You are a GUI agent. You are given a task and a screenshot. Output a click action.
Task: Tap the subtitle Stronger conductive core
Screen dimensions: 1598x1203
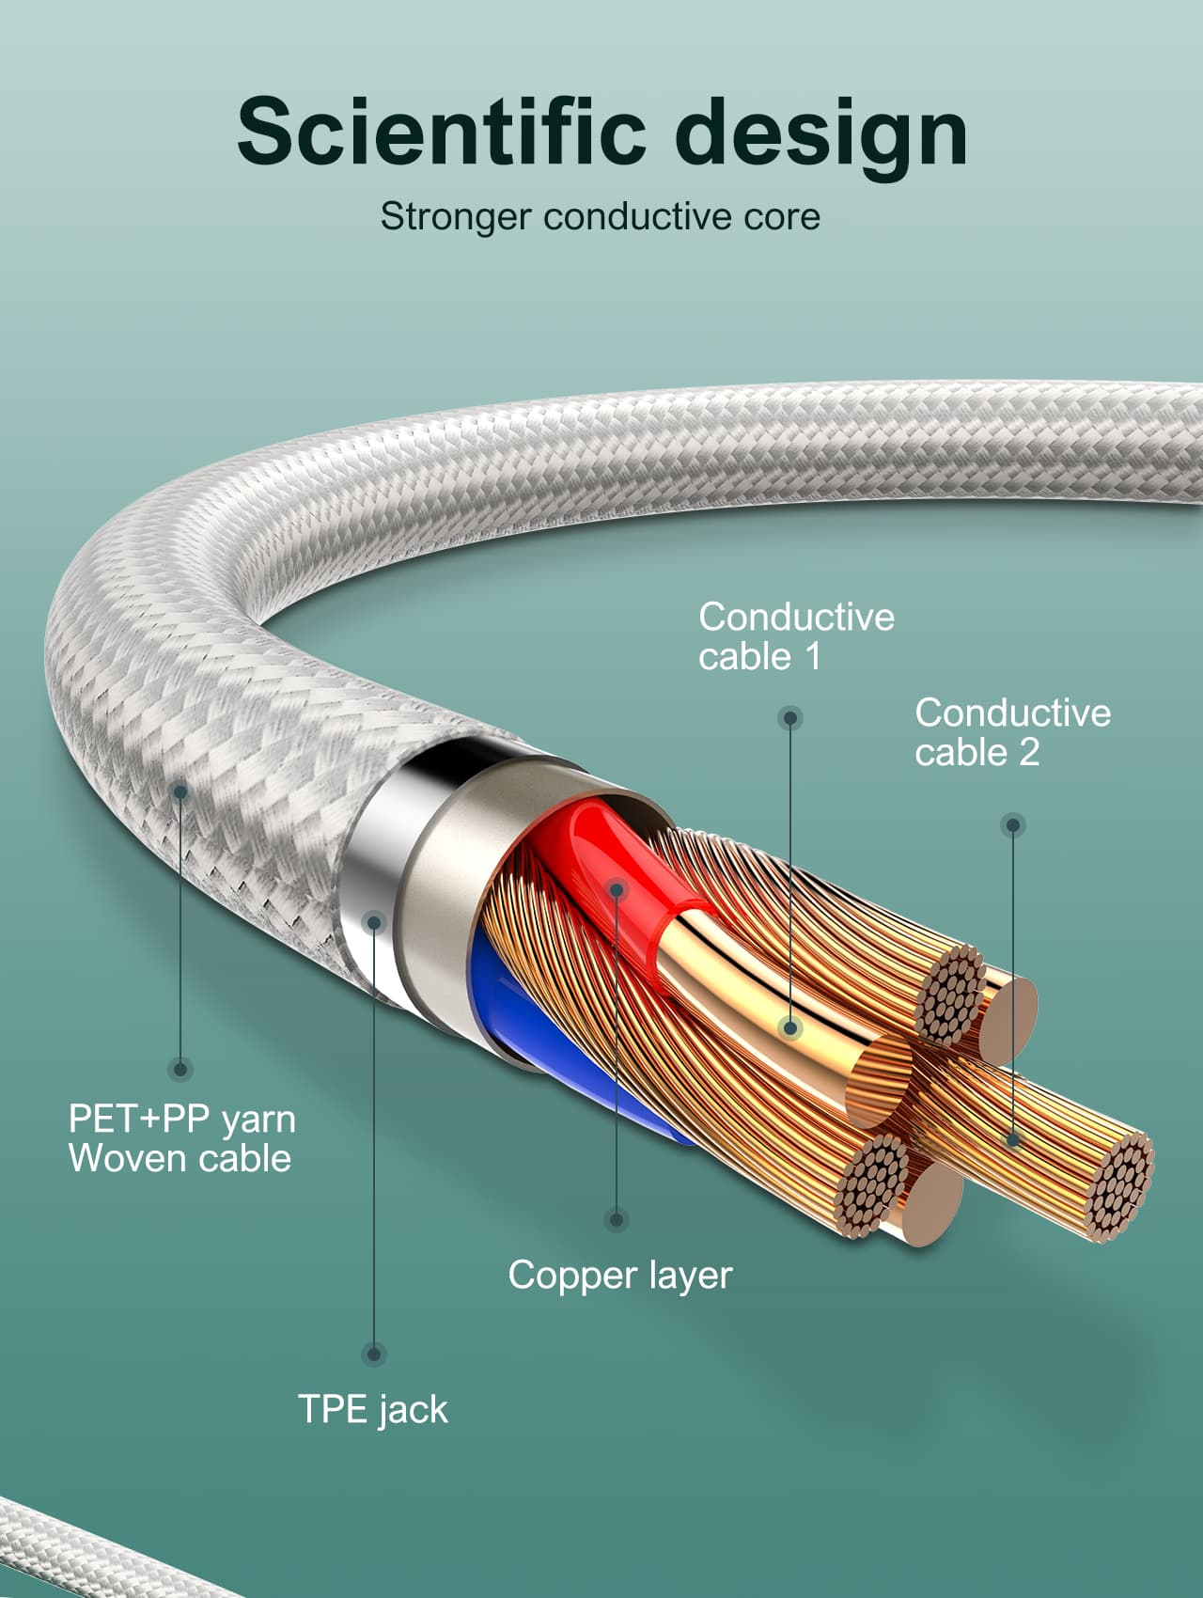point(600,217)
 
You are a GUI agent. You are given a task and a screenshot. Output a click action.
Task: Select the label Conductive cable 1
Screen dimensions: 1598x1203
point(795,636)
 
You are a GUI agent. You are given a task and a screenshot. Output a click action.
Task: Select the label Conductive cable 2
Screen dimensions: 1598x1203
point(1012,732)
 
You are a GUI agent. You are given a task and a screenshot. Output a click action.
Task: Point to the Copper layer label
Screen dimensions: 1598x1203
point(619,1276)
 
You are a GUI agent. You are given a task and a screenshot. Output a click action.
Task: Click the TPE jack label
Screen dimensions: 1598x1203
point(373,1409)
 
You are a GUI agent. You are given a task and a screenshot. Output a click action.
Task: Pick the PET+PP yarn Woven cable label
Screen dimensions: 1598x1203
point(181,1138)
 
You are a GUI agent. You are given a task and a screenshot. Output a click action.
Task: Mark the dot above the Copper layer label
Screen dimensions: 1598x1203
point(616,1220)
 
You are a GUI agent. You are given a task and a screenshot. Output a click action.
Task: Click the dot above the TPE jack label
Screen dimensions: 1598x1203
point(374,1354)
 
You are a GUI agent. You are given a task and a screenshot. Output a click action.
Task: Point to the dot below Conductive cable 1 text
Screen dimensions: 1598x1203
point(790,718)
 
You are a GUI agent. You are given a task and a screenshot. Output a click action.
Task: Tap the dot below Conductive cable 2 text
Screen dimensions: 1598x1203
point(1012,825)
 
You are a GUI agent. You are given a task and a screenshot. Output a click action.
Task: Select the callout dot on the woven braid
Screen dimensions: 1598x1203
point(180,791)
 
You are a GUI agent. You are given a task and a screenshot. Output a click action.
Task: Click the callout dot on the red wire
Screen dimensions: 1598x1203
point(617,888)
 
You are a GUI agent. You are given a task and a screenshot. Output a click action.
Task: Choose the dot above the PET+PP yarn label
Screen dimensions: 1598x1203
point(180,1069)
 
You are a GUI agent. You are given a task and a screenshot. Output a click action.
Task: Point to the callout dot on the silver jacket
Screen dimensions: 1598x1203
point(374,922)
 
